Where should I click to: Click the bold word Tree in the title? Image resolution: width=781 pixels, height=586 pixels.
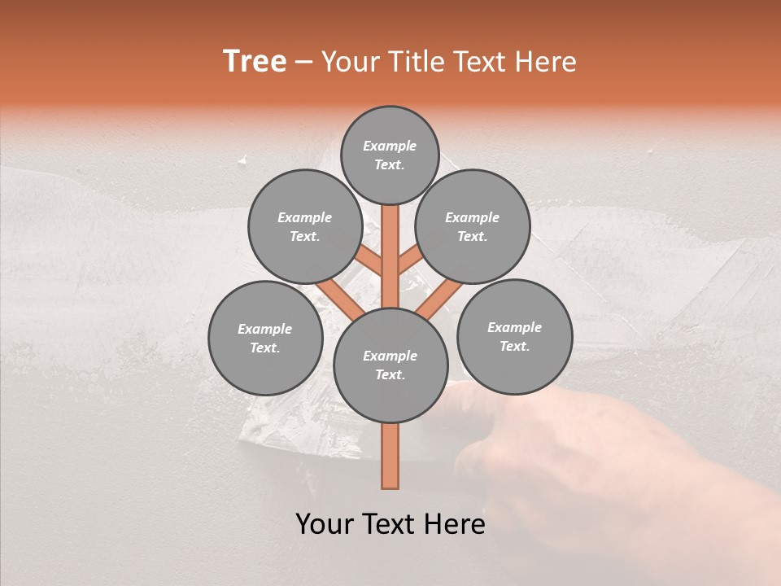255,62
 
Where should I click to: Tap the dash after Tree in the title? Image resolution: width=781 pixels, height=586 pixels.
303,63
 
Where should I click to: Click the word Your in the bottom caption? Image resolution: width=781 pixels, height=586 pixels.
325,524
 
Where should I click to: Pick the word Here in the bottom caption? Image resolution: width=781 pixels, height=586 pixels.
454,524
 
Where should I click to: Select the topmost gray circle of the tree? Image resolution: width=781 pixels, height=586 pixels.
390,155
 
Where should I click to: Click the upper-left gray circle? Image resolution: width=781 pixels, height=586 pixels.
304,226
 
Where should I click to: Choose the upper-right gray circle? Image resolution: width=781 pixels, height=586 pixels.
472,226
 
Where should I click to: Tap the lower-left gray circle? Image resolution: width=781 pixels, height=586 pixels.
265,338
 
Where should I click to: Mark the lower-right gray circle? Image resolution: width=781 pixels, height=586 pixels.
514,336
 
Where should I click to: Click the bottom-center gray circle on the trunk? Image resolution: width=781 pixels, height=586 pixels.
390,365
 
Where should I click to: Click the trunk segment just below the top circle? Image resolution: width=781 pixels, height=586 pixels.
390,232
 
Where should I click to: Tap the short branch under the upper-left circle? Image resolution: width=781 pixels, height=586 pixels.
369,262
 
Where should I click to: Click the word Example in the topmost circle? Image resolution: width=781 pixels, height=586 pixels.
390,146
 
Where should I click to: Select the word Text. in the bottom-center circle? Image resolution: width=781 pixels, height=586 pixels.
390,375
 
